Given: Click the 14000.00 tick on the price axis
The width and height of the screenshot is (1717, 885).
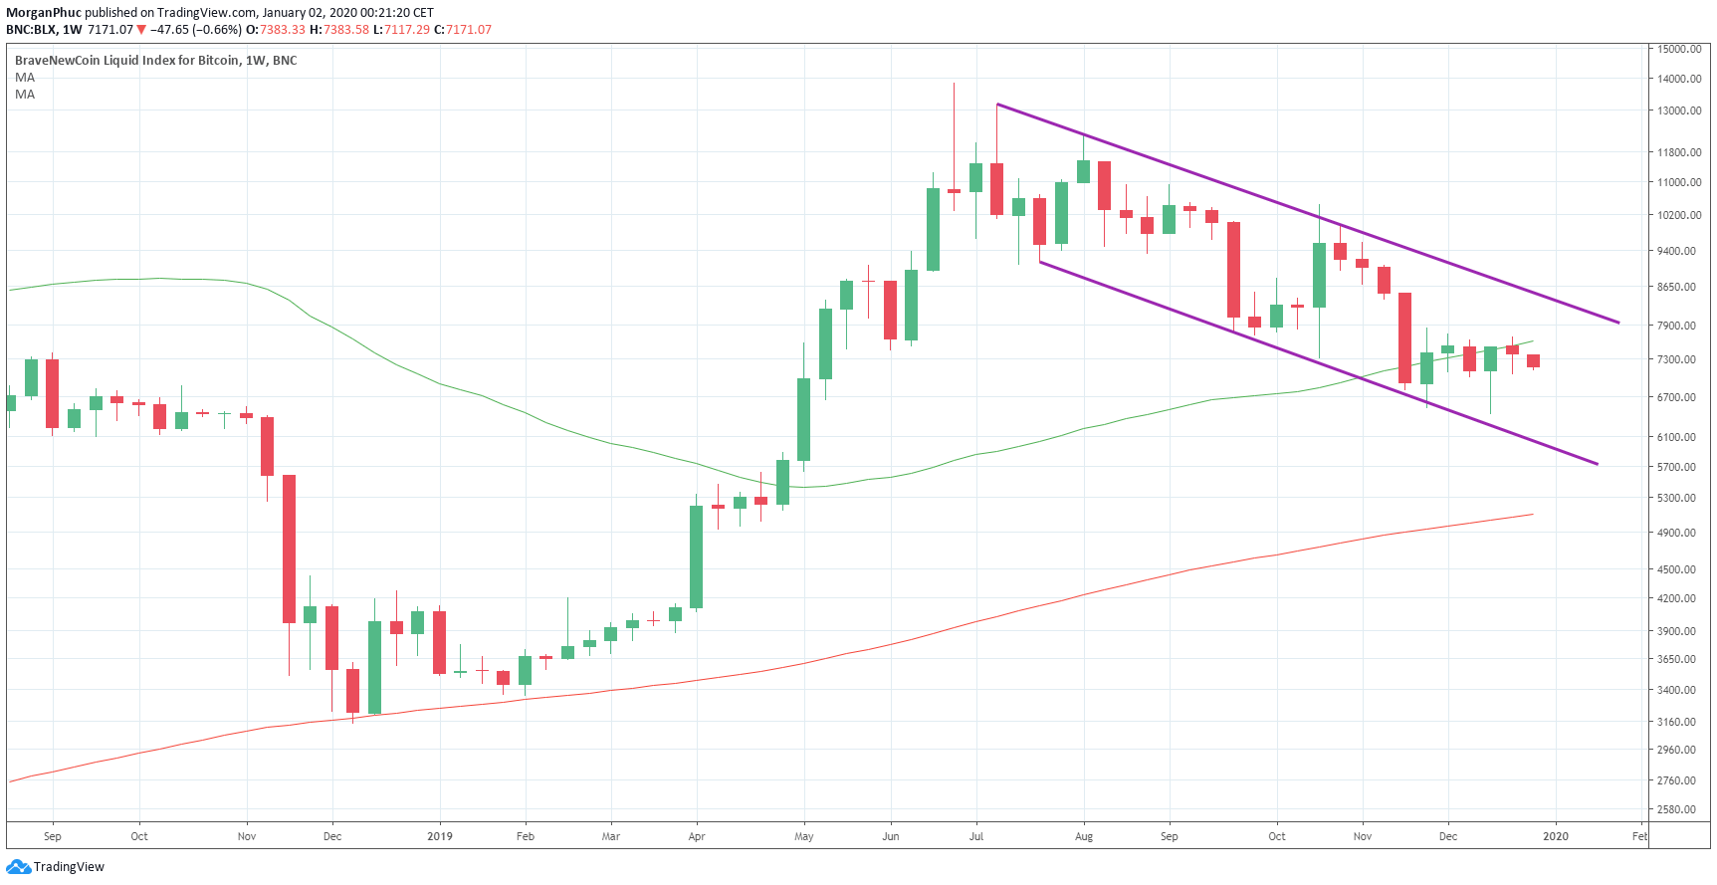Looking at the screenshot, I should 1678,79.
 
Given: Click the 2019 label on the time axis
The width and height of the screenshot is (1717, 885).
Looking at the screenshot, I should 439,836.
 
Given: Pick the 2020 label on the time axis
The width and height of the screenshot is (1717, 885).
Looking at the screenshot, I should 1555,836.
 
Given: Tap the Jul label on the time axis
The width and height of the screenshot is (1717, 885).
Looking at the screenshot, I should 976,836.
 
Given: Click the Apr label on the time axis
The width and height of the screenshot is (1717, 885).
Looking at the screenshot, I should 697,836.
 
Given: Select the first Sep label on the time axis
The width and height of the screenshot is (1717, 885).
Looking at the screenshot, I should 53,836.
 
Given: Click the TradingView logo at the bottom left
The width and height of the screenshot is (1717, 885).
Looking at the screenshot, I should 56,867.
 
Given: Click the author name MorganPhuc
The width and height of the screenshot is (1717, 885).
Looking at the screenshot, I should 44,13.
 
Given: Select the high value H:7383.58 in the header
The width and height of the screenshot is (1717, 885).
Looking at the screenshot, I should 339,30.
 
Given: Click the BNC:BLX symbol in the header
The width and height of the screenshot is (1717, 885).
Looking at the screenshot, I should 31,30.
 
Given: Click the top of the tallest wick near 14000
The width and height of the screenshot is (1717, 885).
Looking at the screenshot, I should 954,84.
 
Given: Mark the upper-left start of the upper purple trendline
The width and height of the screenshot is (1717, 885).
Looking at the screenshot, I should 997,105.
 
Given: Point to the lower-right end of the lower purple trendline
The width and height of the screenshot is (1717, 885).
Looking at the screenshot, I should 1597,464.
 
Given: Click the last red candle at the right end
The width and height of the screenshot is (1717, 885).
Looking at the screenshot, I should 1533,360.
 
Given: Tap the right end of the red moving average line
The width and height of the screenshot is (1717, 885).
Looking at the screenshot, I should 1533,515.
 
